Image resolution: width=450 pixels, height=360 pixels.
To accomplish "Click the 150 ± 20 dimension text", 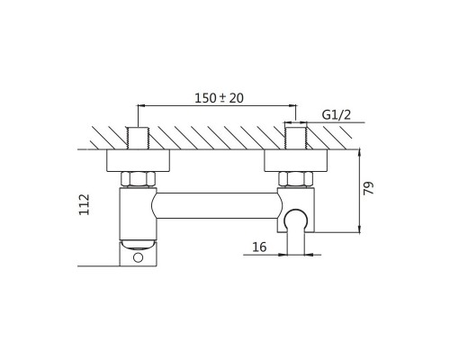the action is [219, 98].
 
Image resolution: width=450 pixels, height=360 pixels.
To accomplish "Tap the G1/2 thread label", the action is [336, 114].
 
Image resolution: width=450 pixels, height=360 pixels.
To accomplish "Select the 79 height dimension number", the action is [369, 188].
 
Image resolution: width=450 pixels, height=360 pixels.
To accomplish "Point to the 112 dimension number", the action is [85, 204].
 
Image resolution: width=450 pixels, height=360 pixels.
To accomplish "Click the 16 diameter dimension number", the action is [259, 247].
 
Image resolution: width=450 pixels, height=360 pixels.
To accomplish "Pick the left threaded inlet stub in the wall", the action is [138, 138].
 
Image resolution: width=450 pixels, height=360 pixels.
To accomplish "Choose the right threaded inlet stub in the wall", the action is [295, 138].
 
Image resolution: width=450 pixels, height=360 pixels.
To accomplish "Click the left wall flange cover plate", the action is [138, 160].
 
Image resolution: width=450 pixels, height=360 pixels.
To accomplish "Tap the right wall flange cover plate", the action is [295, 160].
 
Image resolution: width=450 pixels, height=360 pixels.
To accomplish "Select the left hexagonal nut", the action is [139, 179].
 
